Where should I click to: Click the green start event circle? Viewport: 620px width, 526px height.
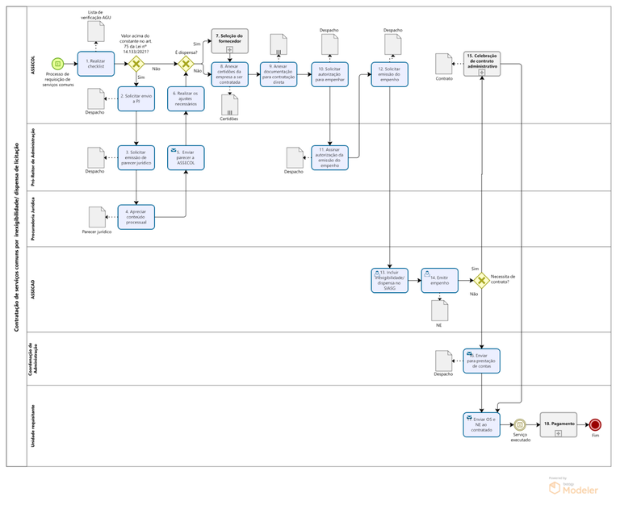57,64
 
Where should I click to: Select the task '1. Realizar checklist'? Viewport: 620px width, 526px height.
96,64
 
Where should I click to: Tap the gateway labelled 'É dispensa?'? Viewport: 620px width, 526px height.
186,64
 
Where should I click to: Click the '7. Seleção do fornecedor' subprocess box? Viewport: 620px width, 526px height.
229,41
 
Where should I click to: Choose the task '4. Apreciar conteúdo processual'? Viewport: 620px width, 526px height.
136,216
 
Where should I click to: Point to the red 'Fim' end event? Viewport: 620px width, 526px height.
595,424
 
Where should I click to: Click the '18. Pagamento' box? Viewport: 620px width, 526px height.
558,424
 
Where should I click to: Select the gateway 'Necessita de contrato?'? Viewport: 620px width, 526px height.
481,281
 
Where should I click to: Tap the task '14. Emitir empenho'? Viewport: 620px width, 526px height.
439,280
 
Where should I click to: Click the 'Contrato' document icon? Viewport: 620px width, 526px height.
443,64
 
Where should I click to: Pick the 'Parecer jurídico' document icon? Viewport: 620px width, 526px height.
97,217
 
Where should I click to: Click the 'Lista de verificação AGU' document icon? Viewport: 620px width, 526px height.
96,31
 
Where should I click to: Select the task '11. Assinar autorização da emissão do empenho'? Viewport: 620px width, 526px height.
329,157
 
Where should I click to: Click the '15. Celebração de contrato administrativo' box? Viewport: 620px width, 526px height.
481,64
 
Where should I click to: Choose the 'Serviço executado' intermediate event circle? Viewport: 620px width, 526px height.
520,424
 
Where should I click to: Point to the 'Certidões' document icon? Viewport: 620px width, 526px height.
229,106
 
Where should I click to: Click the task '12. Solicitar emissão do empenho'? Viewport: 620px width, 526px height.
390,73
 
